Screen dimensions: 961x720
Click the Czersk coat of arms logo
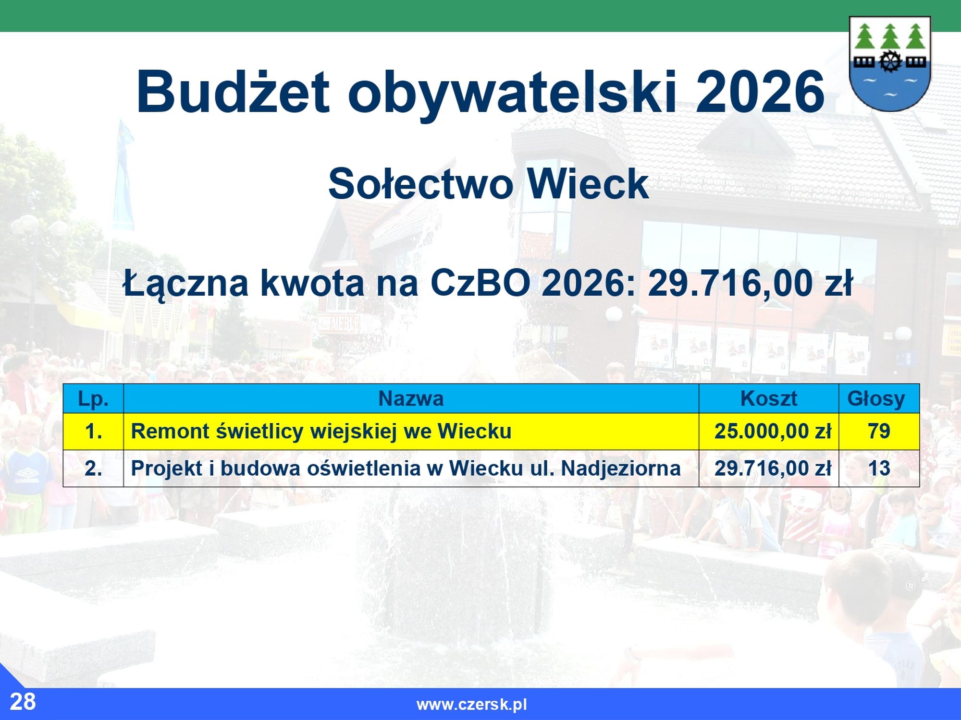click(x=890, y=64)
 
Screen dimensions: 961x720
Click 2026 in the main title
click(x=760, y=91)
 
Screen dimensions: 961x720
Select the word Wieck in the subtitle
click(x=588, y=184)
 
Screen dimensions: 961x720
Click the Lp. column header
click(x=93, y=399)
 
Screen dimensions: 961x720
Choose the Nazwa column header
click(x=411, y=399)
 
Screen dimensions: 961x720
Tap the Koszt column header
click(x=768, y=399)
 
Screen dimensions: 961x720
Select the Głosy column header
click(x=876, y=399)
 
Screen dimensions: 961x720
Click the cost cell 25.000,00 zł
click(x=773, y=432)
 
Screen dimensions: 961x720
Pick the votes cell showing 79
click(x=879, y=432)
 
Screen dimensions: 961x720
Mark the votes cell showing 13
click(x=879, y=468)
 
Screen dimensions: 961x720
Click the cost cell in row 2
click(x=773, y=468)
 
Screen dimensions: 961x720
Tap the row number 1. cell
click(x=93, y=432)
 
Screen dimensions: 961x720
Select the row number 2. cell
click(x=93, y=468)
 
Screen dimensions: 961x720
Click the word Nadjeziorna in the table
click(x=621, y=468)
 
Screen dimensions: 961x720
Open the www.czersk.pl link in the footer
click(x=472, y=705)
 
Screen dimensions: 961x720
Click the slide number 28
click(x=23, y=702)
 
